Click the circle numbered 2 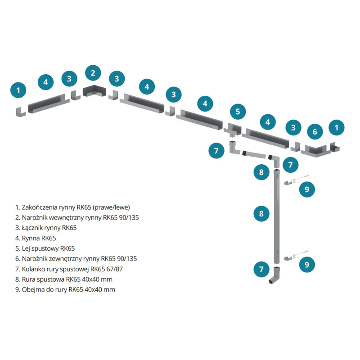(x=93, y=73)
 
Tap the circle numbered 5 (x=238, y=112)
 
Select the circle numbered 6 (x=315, y=131)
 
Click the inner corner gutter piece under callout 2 (x=94, y=91)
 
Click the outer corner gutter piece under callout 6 (x=316, y=151)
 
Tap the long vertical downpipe (x=277, y=216)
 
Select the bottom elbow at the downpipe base (x=274, y=275)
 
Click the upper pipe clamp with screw (x=296, y=180)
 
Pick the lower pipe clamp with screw (x=296, y=256)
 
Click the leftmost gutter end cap (x=21, y=112)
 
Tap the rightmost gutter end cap (x=335, y=147)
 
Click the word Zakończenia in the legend (x=40, y=207)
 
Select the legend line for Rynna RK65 (x=36, y=238)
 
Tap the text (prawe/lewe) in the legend (x=112, y=207)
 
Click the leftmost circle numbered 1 (x=18, y=90)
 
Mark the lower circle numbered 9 (x=307, y=265)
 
